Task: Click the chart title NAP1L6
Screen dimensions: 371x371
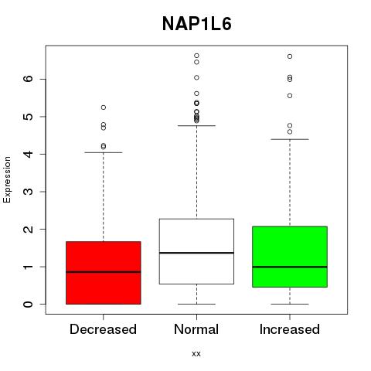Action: pyautogui.click(x=197, y=24)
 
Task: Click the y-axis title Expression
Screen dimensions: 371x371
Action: pyautogui.click(x=7, y=179)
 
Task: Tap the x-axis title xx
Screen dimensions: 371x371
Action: pyautogui.click(x=196, y=353)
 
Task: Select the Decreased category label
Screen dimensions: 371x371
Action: pyautogui.click(x=103, y=329)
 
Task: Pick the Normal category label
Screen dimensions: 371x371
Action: pyautogui.click(x=196, y=329)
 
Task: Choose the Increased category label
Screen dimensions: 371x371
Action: pyautogui.click(x=290, y=329)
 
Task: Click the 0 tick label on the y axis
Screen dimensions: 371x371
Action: pyautogui.click(x=29, y=304)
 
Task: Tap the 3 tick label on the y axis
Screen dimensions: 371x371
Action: pyautogui.click(x=29, y=192)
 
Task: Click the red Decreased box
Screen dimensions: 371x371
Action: pyautogui.click(x=104, y=273)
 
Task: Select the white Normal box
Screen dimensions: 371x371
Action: pyautogui.click(x=196, y=251)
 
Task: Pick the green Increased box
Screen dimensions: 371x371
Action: pyautogui.click(x=290, y=257)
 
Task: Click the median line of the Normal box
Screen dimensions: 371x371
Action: pyautogui.click(x=196, y=253)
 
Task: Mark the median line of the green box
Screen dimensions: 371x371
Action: pyautogui.click(x=290, y=267)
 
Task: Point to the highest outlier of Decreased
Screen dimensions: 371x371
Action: pyautogui.click(x=104, y=107)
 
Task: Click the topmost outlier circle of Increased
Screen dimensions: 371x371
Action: pyautogui.click(x=290, y=56)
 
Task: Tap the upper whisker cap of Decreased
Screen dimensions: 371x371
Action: pyautogui.click(x=104, y=152)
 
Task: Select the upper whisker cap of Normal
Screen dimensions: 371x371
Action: pyautogui.click(x=196, y=125)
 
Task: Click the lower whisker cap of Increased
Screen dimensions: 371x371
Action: pyautogui.click(x=290, y=304)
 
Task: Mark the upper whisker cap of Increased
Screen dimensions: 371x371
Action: pyautogui.click(x=290, y=139)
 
